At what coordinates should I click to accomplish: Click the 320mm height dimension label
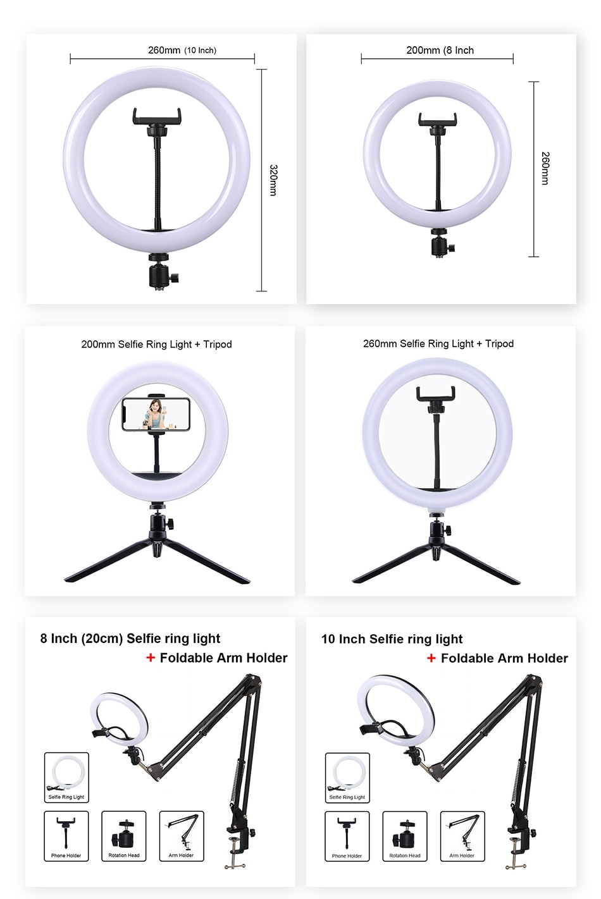click(x=273, y=180)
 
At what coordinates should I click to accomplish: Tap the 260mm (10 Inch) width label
click(x=182, y=50)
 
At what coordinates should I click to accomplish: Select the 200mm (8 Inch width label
click(x=440, y=50)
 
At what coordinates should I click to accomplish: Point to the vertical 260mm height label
click(x=545, y=168)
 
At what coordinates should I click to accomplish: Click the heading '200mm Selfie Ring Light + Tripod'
click(x=156, y=345)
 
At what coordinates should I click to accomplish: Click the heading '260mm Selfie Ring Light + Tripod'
click(x=438, y=344)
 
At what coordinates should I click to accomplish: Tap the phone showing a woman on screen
click(x=156, y=414)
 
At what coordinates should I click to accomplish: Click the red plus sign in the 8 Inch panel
click(x=151, y=657)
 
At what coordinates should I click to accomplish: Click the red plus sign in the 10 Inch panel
click(x=431, y=658)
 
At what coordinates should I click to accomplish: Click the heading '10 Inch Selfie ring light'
click(x=392, y=639)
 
